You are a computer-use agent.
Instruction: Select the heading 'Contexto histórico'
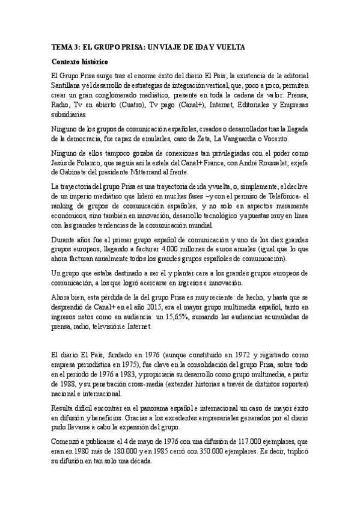[79, 62]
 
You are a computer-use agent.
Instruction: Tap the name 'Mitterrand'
[188, 171]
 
